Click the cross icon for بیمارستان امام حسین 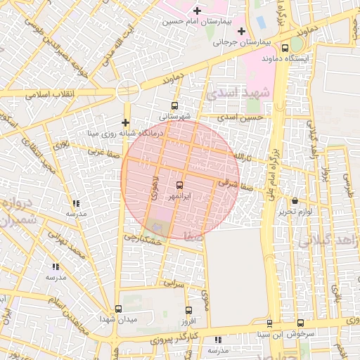click(197, 11)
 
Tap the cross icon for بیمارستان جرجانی click(243, 31)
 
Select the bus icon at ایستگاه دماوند click(285, 49)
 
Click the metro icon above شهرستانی click(174, 106)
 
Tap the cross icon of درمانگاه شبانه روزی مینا click(126, 122)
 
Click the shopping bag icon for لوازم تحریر click(295, 201)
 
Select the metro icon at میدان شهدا click(117, 309)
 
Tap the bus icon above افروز click(188, 310)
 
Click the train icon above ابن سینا click(270, 323)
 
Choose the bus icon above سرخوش click(300, 323)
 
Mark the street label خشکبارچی click(143, 240)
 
